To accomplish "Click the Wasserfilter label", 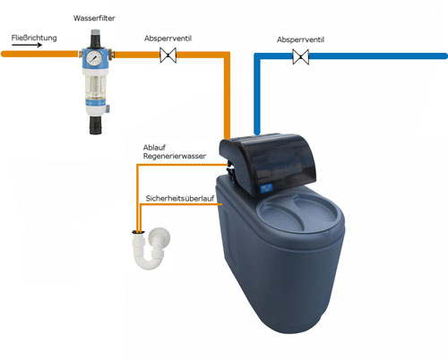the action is (x=94, y=18).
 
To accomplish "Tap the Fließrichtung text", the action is (x=34, y=38).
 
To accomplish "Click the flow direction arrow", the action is (x=27, y=45).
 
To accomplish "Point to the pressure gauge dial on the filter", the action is (x=95, y=57).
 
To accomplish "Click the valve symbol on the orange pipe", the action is (x=168, y=55).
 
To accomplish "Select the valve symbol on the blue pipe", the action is (x=300, y=56).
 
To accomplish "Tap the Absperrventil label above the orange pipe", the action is (x=168, y=39).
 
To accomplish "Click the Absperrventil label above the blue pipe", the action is (x=300, y=39).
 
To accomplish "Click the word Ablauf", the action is (x=154, y=148).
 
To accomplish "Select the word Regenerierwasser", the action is (x=175, y=156).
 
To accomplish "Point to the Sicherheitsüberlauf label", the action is (x=180, y=198).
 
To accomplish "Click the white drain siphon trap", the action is (x=151, y=249).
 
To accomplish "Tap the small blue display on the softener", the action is (x=266, y=188).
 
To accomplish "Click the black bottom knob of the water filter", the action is (x=96, y=125).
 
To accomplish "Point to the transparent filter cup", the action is (x=95, y=88).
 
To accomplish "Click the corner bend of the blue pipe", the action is (x=257, y=56).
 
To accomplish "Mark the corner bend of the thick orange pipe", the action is (x=227, y=55).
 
